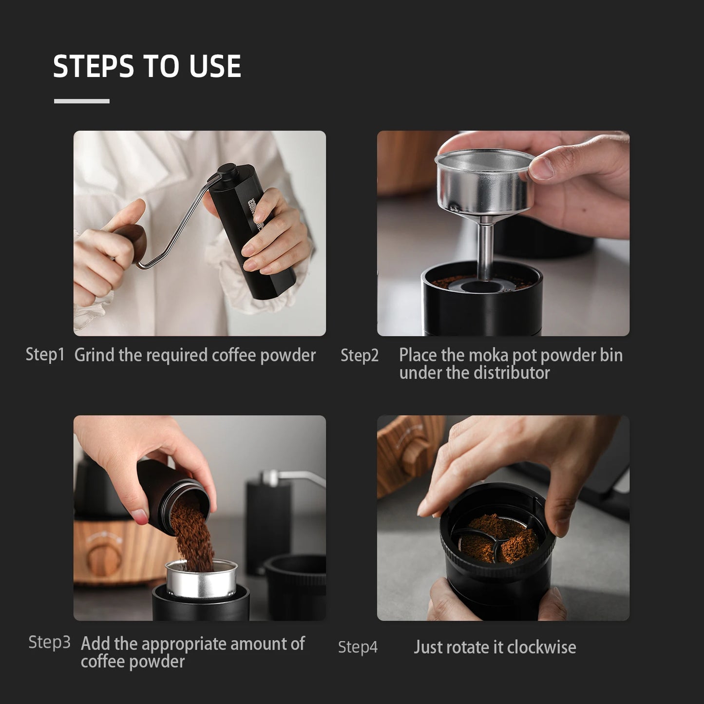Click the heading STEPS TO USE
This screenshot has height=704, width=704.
[x=147, y=66]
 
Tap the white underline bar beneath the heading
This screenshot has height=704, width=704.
[x=81, y=101]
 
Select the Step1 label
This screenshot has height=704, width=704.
[x=45, y=355]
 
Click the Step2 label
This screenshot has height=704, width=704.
[x=360, y=356]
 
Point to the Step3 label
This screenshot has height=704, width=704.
[x=49, y=642]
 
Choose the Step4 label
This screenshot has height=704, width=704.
[x=358, y=647]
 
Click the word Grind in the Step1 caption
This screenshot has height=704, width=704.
[x=95, y=355]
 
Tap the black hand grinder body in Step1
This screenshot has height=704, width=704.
[x=253, y=234]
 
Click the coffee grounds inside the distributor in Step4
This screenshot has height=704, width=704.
[x=497, y=541]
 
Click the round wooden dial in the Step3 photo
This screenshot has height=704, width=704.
[x=103, y=555]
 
